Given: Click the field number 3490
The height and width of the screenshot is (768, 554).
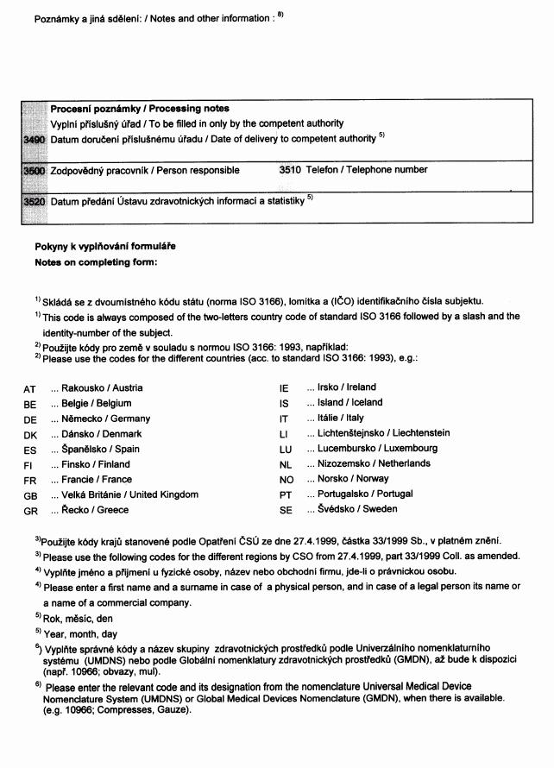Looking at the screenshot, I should point(34,139).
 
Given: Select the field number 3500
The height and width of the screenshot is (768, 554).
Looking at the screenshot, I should point(34,171).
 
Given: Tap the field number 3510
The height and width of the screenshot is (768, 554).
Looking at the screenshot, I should point(290,170).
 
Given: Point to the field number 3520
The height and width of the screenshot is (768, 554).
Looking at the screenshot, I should point(34,202).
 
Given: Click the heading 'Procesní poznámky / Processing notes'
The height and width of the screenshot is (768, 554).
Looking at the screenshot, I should point(140,109).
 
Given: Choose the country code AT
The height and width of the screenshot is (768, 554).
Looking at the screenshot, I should point(30,389).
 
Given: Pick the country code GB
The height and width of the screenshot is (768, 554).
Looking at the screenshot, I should point(30,495).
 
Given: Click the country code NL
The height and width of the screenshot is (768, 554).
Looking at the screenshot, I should point(286,464).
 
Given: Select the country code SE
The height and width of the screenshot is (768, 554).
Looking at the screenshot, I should point(286,510).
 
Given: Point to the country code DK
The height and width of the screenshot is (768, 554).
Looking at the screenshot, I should point(30,435).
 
